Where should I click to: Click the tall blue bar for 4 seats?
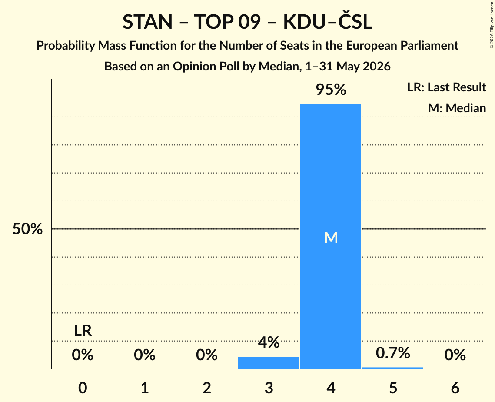pyautogui.click(x=331, y=236)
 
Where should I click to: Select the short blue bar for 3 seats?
pyautogui.click(x=268, y=362)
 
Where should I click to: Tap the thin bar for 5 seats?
pyautogui.click(x=393, y=368)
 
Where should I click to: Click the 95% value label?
pyautogui.click(x=331, y=90)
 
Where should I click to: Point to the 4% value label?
pyautogui.click(x=269, y=342)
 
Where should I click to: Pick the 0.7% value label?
pyautogui.click(x=393, y=353)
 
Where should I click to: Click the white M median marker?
pyautogui.click(x=331, y=238)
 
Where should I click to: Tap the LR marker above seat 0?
pyautogui.click(x=83, y=331)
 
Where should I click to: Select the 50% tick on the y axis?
pyautogui.click(x=27, y=229)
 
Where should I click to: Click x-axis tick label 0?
pyautogui.click(x=83, y=388)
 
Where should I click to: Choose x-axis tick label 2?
pyautogui.click(x=207, y=388)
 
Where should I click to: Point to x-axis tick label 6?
pyautogui.click(x=455, y=388)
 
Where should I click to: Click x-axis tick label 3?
pyautogui.click(x=269, y=388)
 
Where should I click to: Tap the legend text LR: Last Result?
pyautogui.click(x=446, y=87)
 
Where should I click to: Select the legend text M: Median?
pyautogui.click(x=457, y=108)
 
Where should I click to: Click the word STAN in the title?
pyautogui.click(x=147, y=22)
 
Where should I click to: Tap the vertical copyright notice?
pyautogui.click(x=492, y=25)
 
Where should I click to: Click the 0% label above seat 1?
pyautogui.click(x=145, y=355)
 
